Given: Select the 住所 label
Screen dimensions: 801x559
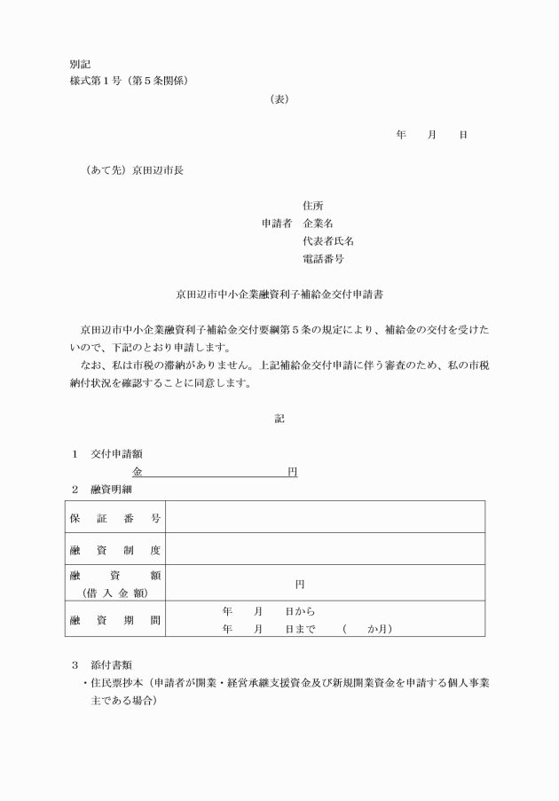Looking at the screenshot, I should [312, 206].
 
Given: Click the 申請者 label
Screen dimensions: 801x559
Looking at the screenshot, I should [276, 224].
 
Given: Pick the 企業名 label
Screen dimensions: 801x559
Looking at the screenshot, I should [318, 224].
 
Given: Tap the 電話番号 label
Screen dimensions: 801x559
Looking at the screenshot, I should [323, 259].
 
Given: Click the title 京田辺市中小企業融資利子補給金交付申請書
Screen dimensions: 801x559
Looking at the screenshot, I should [279, 293].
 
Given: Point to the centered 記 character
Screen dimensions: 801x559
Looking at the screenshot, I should [279, 418].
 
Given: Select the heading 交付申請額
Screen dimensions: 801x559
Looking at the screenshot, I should [116, 454].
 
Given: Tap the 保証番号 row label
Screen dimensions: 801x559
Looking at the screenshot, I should [115, 517].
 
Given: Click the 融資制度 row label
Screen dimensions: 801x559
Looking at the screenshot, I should [115, 550].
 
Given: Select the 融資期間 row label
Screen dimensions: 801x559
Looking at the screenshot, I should [115, 620].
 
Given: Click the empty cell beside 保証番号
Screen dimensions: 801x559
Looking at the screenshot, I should [325, 517].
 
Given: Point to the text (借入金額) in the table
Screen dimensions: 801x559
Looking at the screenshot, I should [115, 593].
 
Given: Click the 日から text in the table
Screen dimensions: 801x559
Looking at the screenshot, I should [300, 611].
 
